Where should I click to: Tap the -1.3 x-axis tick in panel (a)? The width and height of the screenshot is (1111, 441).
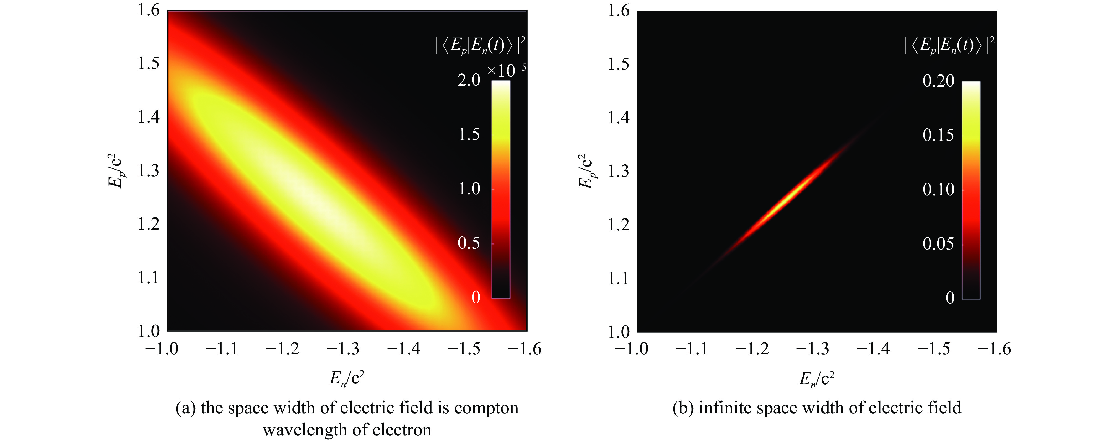(x=342, y=349)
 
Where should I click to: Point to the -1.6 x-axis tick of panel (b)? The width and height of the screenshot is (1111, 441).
(x=994, y=349)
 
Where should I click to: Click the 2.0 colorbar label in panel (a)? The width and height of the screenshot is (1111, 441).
(x=469, y=80)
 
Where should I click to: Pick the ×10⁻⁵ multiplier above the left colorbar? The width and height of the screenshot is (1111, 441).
(x=507, y=70)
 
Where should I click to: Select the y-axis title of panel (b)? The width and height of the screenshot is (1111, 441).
(x=586, y=171)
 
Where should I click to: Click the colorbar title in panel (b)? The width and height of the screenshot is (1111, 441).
(x=949, y=46)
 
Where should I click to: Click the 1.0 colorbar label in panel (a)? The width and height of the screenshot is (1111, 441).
(x=469, y=189)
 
